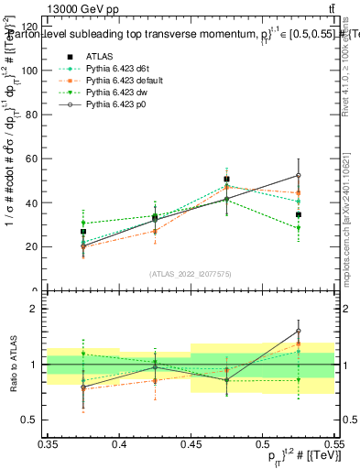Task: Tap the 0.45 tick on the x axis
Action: pyautogui.click(x=191, y=443)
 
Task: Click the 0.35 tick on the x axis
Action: pyautogui.click(x=49, y=443)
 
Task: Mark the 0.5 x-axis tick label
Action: pyautogui.click(x=263, y=443)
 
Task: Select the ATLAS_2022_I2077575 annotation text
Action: pyautogui.click(x=191, y=273)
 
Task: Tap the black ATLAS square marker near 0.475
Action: pyautogui.click(x=226, y=180)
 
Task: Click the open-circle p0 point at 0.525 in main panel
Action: pyautogui.click(x=298, y=175)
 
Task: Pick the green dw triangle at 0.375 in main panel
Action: pyautogui.click(x=83, y=223)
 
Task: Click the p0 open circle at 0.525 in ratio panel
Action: pyautogui.click(x=298, y=332)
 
